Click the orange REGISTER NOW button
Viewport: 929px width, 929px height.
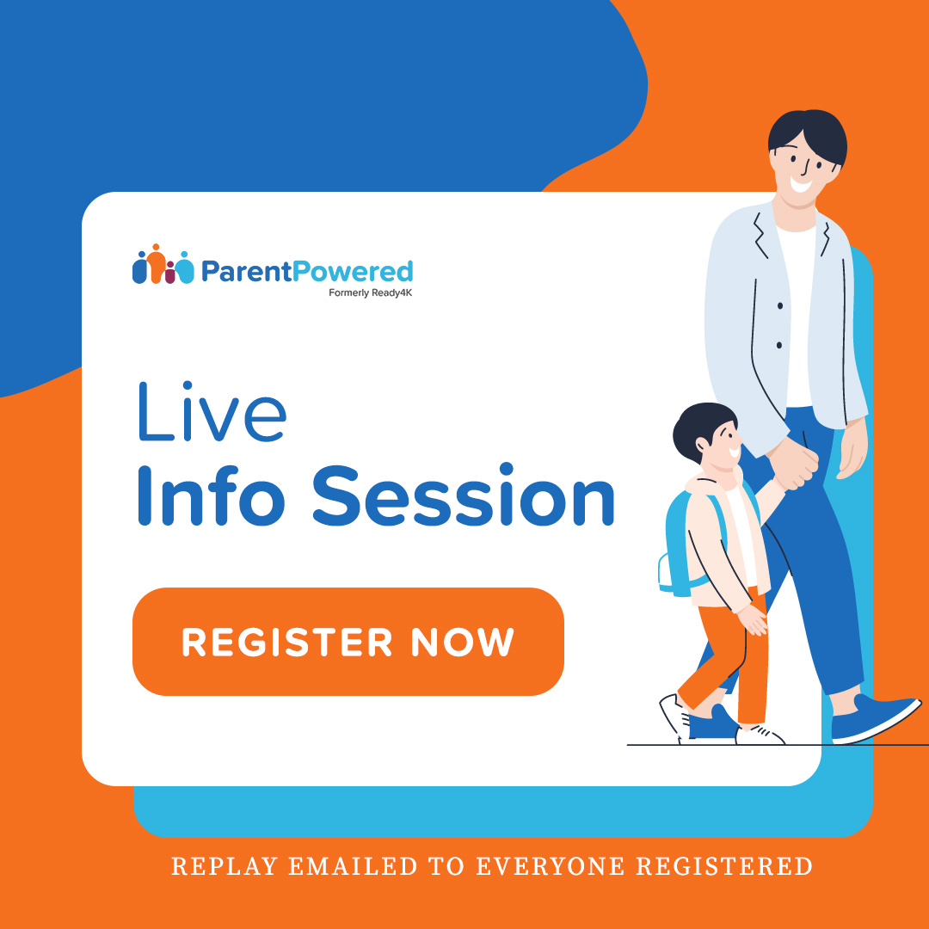pos(348,642)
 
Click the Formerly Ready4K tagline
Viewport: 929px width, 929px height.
pos(371,292)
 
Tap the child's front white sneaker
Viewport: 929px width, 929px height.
pos(760,735)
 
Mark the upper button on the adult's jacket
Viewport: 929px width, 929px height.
pos(780,305)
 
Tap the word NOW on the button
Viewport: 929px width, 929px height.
pos(462,643)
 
